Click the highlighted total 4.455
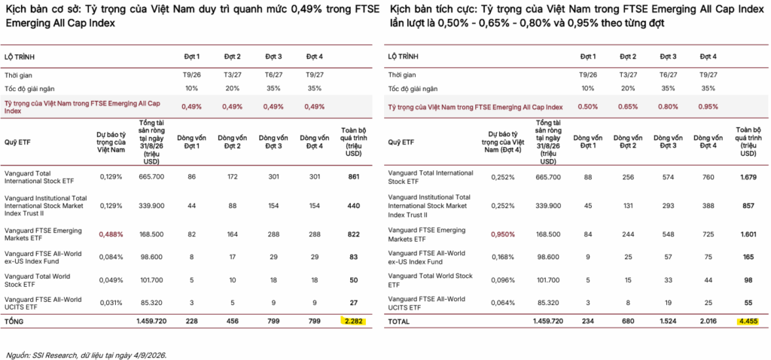click(748, 321)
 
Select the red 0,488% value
click(111, 234)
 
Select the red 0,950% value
click(502, 234)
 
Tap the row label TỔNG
click(14, 322)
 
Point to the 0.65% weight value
click(628, 107)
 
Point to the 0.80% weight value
click(667, 107)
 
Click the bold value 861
click(351, 175)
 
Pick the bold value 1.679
click(748, 177)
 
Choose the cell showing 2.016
click(708, 322)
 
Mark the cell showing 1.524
click(667, 322)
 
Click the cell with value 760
click(708, 177)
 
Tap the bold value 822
click(351, 234)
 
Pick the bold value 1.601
click(748, 234)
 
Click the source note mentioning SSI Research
click(87, 354)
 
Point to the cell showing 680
click(628, 322)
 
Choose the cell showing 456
click(233, 322)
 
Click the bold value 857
click(748, 206)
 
